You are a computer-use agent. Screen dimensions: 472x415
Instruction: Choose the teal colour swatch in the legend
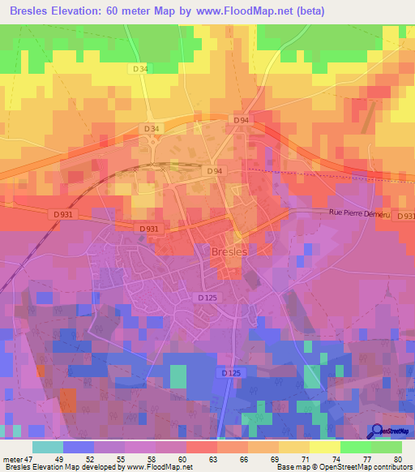(x=48, y=448)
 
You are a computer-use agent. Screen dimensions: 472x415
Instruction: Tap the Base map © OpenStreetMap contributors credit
(x=344, y=466)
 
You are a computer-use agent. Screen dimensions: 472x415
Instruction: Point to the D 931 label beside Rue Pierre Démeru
(x=405, y=216)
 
